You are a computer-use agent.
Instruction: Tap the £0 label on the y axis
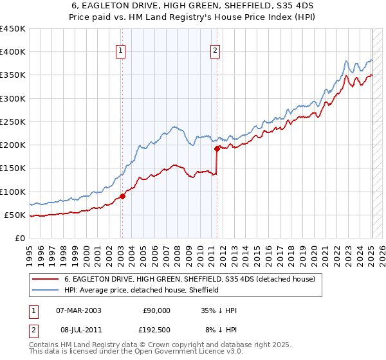(20, 238)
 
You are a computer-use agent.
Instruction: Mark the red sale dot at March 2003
(122, 196)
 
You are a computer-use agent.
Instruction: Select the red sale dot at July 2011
(217, 148)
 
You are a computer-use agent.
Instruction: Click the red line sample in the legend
(46, 279)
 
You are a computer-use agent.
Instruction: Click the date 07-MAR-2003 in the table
(78, 310)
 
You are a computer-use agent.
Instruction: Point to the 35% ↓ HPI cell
(219, 310)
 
